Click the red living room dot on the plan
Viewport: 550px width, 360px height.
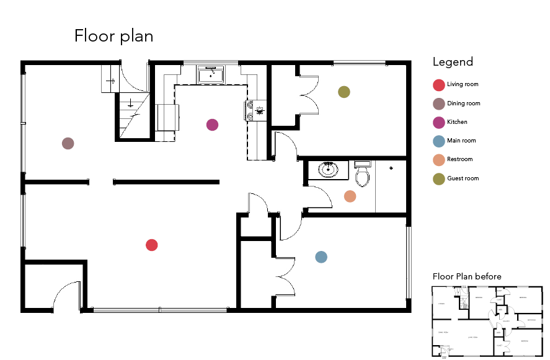click(151, 245)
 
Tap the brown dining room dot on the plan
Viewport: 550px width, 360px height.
click(68, 144)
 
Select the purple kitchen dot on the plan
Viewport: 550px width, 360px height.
click(212, 125)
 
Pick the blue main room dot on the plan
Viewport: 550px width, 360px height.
click(321, 257)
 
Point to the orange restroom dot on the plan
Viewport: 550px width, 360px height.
click(350, 196)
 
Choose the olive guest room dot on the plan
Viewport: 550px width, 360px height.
click(344, 92)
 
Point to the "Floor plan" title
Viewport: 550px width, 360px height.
click(113, 36)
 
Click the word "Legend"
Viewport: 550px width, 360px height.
click(453, 61)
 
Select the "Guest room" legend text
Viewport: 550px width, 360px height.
click(463, 178)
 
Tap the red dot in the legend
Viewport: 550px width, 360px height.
click(438, 85)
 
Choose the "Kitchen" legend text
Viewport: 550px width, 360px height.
click(457, 122)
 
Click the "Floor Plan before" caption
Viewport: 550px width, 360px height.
click(466, 276)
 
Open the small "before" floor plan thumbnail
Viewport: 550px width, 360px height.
click(487, 321)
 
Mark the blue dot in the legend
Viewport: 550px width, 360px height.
click(438, 141)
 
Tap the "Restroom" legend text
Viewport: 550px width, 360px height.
click(459, 159)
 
